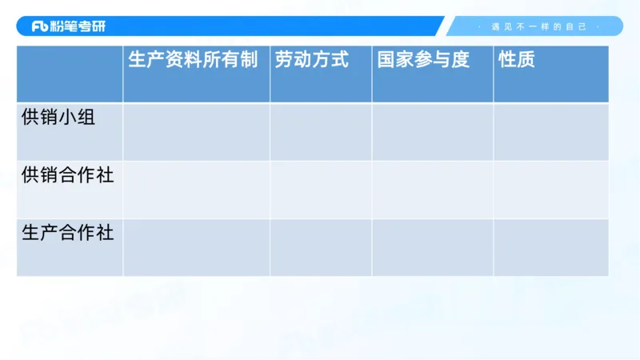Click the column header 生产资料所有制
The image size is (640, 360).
coord(193,60)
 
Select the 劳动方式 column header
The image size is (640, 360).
coord(312,60)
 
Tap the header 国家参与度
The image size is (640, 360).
coord(423,60)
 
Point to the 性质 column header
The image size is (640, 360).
coord(516,60)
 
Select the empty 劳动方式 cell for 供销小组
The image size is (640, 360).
coord(321,132)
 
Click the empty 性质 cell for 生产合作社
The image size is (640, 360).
coord(550,247)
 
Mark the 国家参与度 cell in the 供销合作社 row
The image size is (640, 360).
coord(432,190)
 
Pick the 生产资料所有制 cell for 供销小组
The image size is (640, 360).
coord(196,132)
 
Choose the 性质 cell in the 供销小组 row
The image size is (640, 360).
coord(550,132)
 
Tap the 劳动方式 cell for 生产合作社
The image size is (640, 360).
coord(321,247)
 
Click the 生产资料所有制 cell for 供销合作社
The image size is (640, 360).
coord(196,190)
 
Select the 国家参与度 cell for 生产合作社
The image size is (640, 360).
coord(432,247)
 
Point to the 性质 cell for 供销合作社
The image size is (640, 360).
coord(550,190)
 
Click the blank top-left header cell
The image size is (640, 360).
coord(70,74)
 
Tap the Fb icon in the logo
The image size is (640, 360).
coord(40,26)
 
